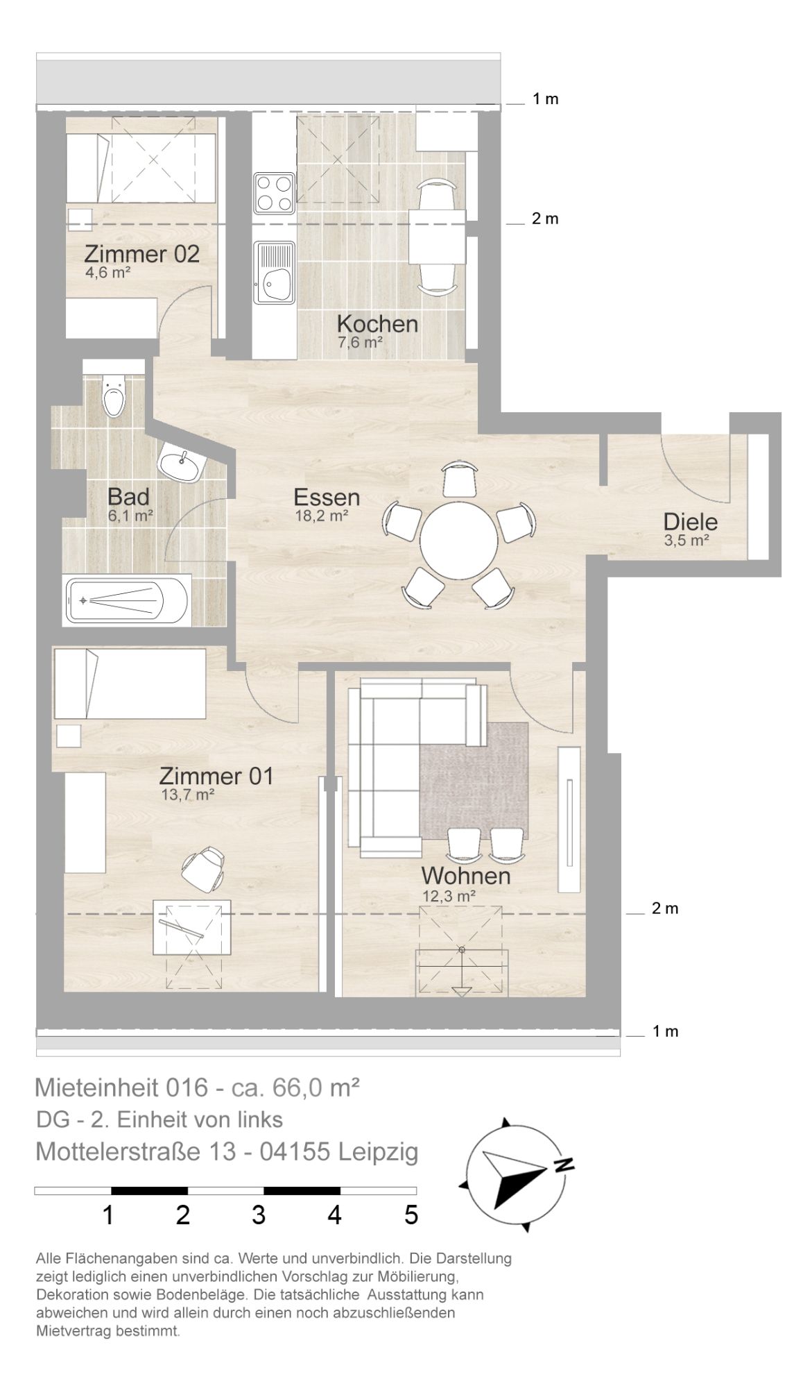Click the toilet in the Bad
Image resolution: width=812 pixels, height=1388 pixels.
(x=112, y=393)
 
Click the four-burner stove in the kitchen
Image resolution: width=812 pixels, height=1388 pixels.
(x=275, y=193)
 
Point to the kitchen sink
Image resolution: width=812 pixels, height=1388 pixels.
(x=275, y=273)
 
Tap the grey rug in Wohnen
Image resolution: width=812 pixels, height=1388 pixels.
(x=473, y=780)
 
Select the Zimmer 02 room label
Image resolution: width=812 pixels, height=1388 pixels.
(x=141, y=254)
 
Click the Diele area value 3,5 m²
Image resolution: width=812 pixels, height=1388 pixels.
(x=686, y=541)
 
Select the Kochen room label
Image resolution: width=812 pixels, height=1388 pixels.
(x=377, y=324)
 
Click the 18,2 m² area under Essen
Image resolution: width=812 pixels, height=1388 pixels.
(x=321, y=516)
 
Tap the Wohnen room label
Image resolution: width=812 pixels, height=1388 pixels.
(x=466, y=876)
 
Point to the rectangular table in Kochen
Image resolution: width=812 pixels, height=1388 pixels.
(x=437, y=237)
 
